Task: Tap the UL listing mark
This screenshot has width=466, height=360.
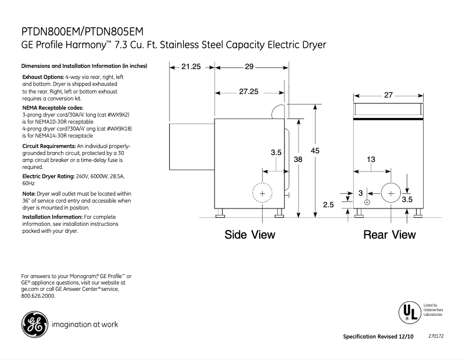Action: coord(408,312)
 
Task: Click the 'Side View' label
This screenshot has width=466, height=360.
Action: coord(250,235)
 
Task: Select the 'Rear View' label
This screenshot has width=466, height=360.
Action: coord(389,235)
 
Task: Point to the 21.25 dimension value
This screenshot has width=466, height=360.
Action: coord(191,67)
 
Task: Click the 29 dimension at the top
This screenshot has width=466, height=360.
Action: coord(249,67)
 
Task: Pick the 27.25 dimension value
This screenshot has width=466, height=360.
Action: coord(249,92)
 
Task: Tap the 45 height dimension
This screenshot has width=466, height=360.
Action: coord(315,151)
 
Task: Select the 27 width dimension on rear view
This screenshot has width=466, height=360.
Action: coord(389,95)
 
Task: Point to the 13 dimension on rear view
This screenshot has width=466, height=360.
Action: coord(370,160)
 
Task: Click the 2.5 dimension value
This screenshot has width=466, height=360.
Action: coord(328,204)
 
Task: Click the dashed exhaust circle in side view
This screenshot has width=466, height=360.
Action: coord(262,193)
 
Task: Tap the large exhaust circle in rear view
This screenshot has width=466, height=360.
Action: coord(390,193)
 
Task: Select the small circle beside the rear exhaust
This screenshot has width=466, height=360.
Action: coord(367,202)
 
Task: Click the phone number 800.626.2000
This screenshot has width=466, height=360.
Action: coord(38,296)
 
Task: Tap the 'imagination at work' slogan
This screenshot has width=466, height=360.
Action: coord(85,325)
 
